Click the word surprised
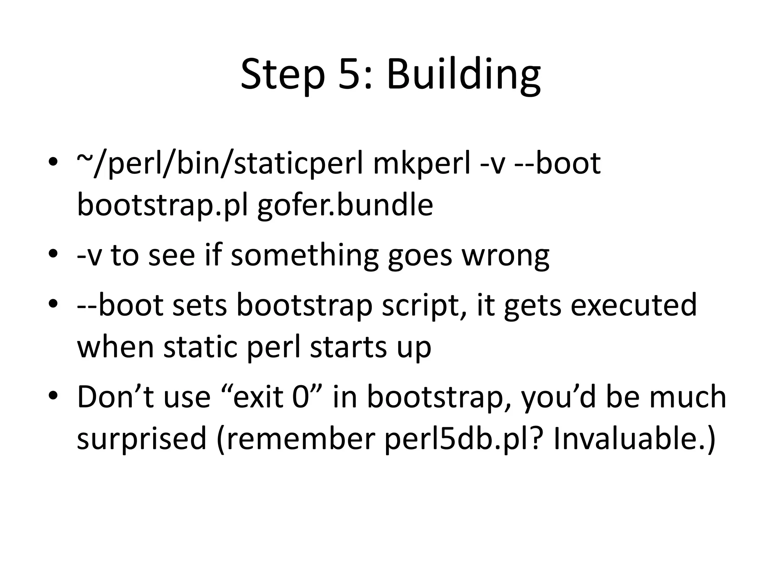pos(142,438)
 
